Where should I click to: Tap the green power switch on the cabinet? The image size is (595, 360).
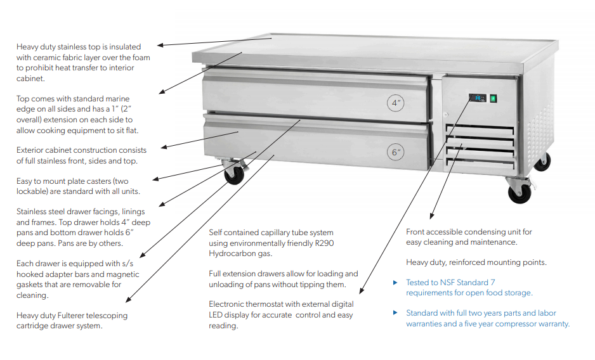coord(493,98)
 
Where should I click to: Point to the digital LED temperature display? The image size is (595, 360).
coord(476,98)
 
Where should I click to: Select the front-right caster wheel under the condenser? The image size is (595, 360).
coord(519,192)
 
